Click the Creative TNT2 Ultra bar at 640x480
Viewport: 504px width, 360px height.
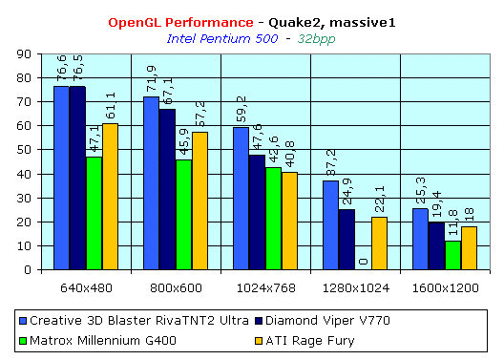pos(61,178)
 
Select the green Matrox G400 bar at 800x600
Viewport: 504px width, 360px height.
pos(183,215)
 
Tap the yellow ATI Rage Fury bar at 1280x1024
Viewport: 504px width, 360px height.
pos(379,244)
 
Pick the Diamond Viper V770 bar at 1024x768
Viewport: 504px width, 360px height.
pos(257,212)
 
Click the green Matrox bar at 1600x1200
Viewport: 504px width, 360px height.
pos(452,255)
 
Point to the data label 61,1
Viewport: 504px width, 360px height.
pos(111,106)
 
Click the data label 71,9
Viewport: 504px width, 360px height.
pos(151,79)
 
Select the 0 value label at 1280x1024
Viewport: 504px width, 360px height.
pos(364,262)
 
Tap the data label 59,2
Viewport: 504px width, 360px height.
pos(241,109)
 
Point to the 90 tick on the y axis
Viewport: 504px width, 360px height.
pos(24,54)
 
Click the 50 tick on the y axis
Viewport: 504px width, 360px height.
pos(24,150)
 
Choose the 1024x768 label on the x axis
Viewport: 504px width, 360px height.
pos(265,288)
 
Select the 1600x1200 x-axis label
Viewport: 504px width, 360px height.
pos(446,288)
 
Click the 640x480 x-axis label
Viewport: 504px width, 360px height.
pos(86,288)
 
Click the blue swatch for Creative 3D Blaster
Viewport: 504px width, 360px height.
pos(23,321)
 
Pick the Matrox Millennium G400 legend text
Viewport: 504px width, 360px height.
pos(103,340)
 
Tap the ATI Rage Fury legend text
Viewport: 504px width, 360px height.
pos(310,341)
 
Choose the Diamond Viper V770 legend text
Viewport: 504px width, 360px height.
pos(327,321)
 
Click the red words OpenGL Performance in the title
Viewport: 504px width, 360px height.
pos(180,23)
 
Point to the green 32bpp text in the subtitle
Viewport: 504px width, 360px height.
pos(316,39)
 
